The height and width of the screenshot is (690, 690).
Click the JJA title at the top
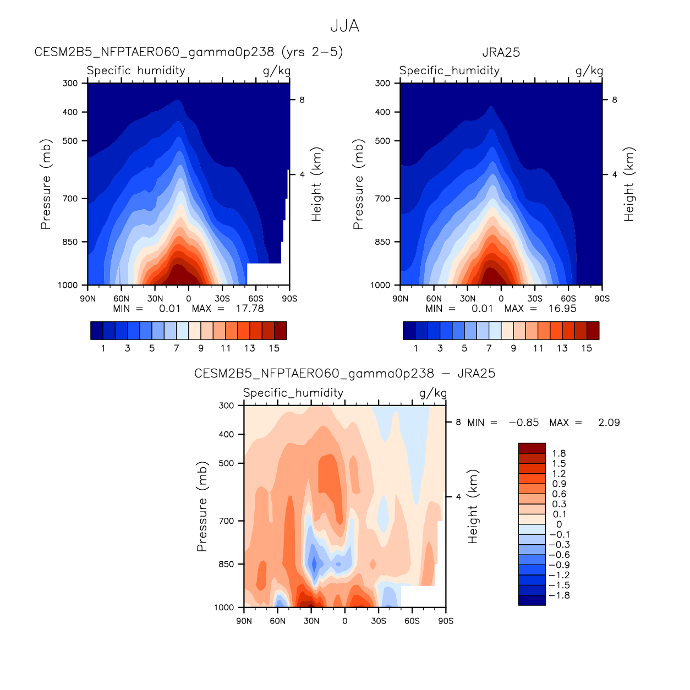click(344, 26)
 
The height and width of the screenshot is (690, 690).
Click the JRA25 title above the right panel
click(501, 52)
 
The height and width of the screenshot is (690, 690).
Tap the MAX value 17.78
click(250, 309)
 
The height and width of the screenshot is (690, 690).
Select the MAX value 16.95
click(562, 309)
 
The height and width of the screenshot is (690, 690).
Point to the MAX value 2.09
click(609, 423)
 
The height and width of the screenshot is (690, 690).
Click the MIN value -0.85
click(524, 423)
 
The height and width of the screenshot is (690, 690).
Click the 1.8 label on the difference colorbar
click(559, 453)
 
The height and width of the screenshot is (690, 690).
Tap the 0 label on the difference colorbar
click(559, 524)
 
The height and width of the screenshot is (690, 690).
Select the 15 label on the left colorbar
click(274, 348)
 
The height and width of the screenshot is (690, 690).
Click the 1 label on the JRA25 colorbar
click(415, 348)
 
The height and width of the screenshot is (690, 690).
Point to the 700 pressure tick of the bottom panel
click(227, 521)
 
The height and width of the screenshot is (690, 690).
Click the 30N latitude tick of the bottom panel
click(311, 621)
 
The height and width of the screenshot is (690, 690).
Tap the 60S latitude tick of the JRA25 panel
click(568, 299)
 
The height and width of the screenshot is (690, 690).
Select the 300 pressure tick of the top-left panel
click(70, 83)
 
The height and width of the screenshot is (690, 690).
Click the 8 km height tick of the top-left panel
click(302, 100)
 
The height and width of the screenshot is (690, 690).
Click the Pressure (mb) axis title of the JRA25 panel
click(358, 184)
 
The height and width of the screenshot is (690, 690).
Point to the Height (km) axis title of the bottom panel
click(473, 507)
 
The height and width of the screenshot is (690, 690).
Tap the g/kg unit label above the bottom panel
click(432, 393)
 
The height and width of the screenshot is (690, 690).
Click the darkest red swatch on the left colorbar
click(280, 331)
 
